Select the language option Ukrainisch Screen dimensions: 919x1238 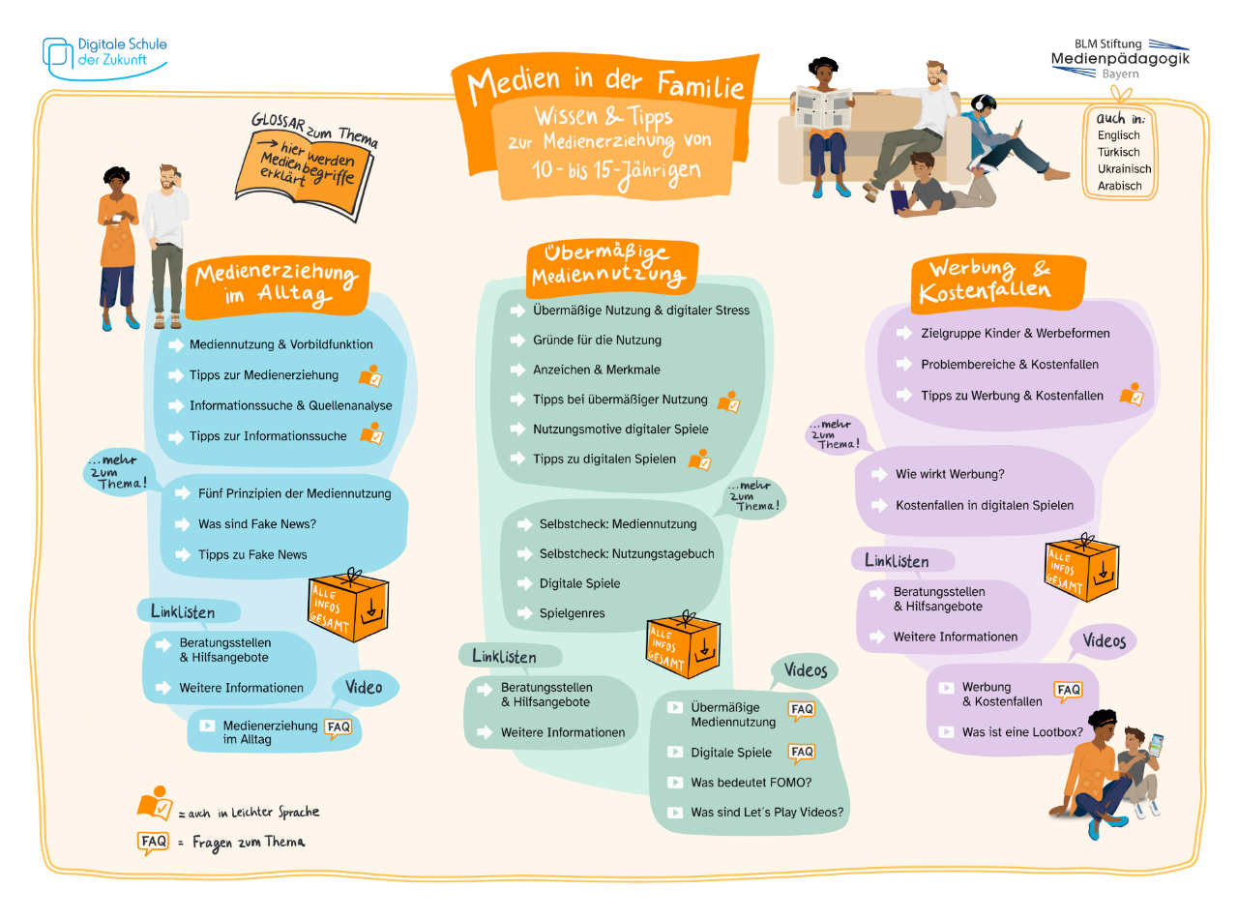point(1124,168)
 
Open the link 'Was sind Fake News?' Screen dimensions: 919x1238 point(257,524)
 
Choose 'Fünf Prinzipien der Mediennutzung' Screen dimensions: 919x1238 point(294,493)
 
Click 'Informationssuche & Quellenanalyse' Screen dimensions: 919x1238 point(290,405)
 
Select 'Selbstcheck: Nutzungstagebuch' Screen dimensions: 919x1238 point(627,553)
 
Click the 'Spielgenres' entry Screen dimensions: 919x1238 point(572,613)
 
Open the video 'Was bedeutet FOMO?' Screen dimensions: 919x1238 point(751,782)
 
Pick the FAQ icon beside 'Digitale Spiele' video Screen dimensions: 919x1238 point(802,752)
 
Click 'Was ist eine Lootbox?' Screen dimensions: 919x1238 point(1021,732)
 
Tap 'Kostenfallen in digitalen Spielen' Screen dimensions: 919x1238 point(984,505)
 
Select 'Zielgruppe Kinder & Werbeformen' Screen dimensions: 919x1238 point(1001,333)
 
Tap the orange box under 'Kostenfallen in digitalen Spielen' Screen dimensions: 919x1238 point(1082,570)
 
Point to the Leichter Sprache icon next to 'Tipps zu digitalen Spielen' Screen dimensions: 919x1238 point(699,459)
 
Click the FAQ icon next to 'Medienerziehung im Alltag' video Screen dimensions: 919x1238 point(338,728)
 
